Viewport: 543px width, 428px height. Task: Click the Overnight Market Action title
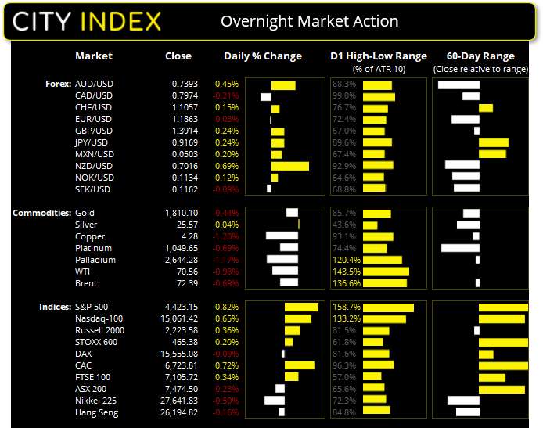pyautogui.click(x=310, y=21)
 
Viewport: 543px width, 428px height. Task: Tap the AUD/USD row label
pyautogui.click(x=94, y=84)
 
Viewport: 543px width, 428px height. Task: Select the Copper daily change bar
pyautogui.click(x=282, y=236)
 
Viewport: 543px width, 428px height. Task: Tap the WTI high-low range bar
pyautogui.click(x=386, y=272)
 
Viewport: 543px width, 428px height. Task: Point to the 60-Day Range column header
pyautogui.click(x=480, y=56)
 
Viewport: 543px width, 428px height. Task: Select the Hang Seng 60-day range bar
pyautogui.click(x=467, y=412)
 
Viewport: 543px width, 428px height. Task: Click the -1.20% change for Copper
pyautogui.click(x=227, y=236)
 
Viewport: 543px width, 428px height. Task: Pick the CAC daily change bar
pyautogui.click(x=299, y=365)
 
